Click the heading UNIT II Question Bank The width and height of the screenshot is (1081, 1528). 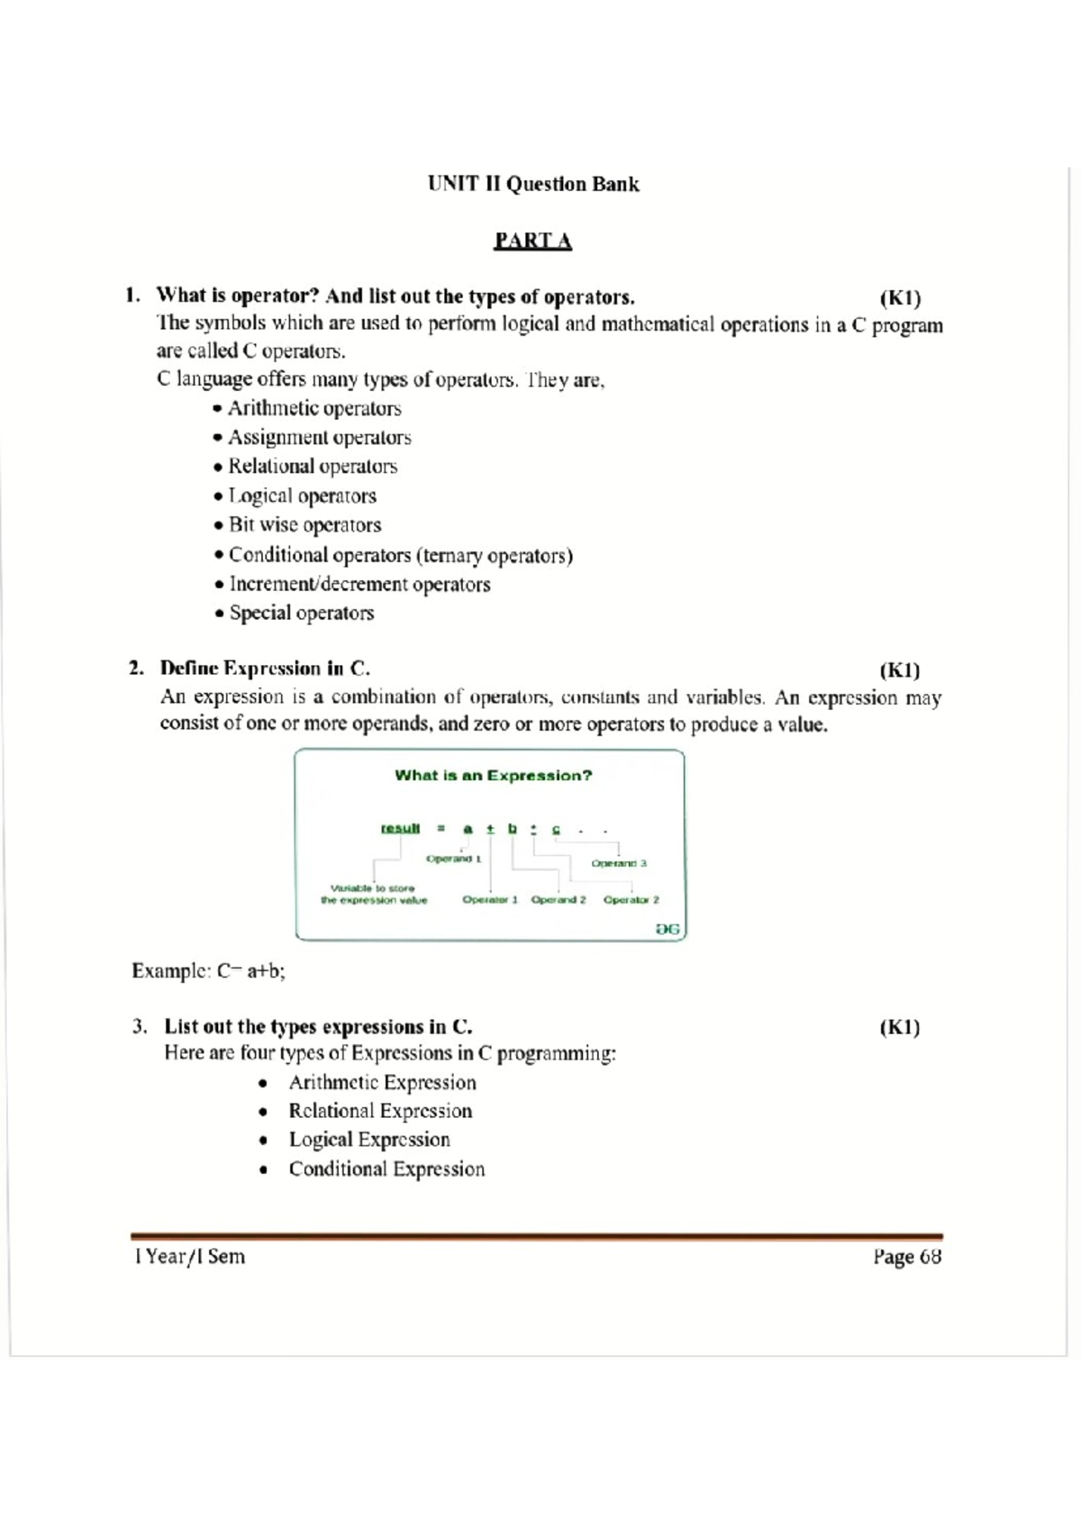click(533, 185)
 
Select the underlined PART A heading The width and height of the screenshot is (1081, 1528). click(532, 241)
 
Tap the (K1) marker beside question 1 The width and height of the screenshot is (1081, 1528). click(899, 298)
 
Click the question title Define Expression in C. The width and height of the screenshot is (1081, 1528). click(265, 668)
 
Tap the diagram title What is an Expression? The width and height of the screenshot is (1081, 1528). click(493, 776)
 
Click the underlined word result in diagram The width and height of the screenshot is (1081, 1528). click(400, 828)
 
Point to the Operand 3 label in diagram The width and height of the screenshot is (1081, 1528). click(619, 863)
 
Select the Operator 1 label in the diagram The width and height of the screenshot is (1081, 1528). click(490, 899)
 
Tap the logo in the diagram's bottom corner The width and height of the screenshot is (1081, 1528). click(668, 928)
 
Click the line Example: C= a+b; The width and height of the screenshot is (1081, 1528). click(208, 971)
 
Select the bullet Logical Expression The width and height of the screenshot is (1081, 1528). click(368, 1140)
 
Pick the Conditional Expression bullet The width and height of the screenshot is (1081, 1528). click(386, 1169)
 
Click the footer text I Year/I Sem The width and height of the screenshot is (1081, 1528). click(189, 1257)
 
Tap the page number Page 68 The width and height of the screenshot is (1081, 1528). click(906, 1257)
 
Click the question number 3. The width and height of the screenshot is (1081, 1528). click(139, 1027)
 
